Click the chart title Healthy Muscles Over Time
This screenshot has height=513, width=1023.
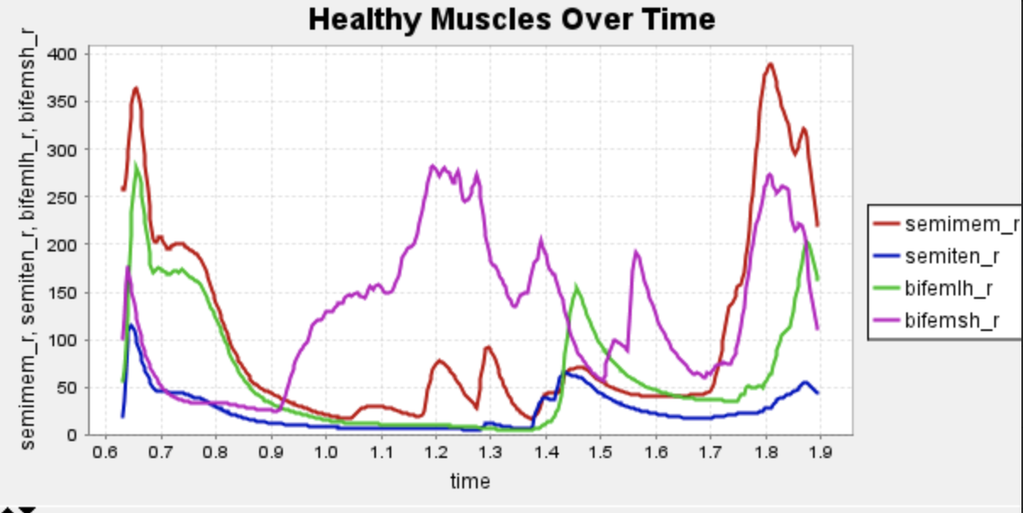[x=511, y=19]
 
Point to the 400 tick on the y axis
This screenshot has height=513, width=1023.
[x=66, y=54]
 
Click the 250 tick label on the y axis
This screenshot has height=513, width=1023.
[x=66, y=197]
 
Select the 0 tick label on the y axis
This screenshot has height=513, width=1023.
[x=73, y=435]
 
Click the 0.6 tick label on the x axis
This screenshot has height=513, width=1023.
[x=105, y=452]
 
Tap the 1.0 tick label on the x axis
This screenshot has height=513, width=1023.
[x=325, y=452]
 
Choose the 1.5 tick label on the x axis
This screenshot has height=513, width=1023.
[x=600, y=452]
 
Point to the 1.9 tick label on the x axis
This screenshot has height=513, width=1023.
[x=821, y=452]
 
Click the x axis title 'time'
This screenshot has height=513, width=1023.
[x=470, y=482]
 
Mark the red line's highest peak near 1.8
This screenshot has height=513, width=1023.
[x=770, y=63]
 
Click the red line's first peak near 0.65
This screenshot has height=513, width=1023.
[x=135, y=87]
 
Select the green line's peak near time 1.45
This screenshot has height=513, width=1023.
[x=577, y=287]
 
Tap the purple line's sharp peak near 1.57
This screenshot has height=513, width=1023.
[x=636, y=252]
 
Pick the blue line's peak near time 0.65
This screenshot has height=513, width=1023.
[x=131, y=325]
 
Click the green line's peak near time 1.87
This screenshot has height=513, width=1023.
[x=808, y=243]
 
